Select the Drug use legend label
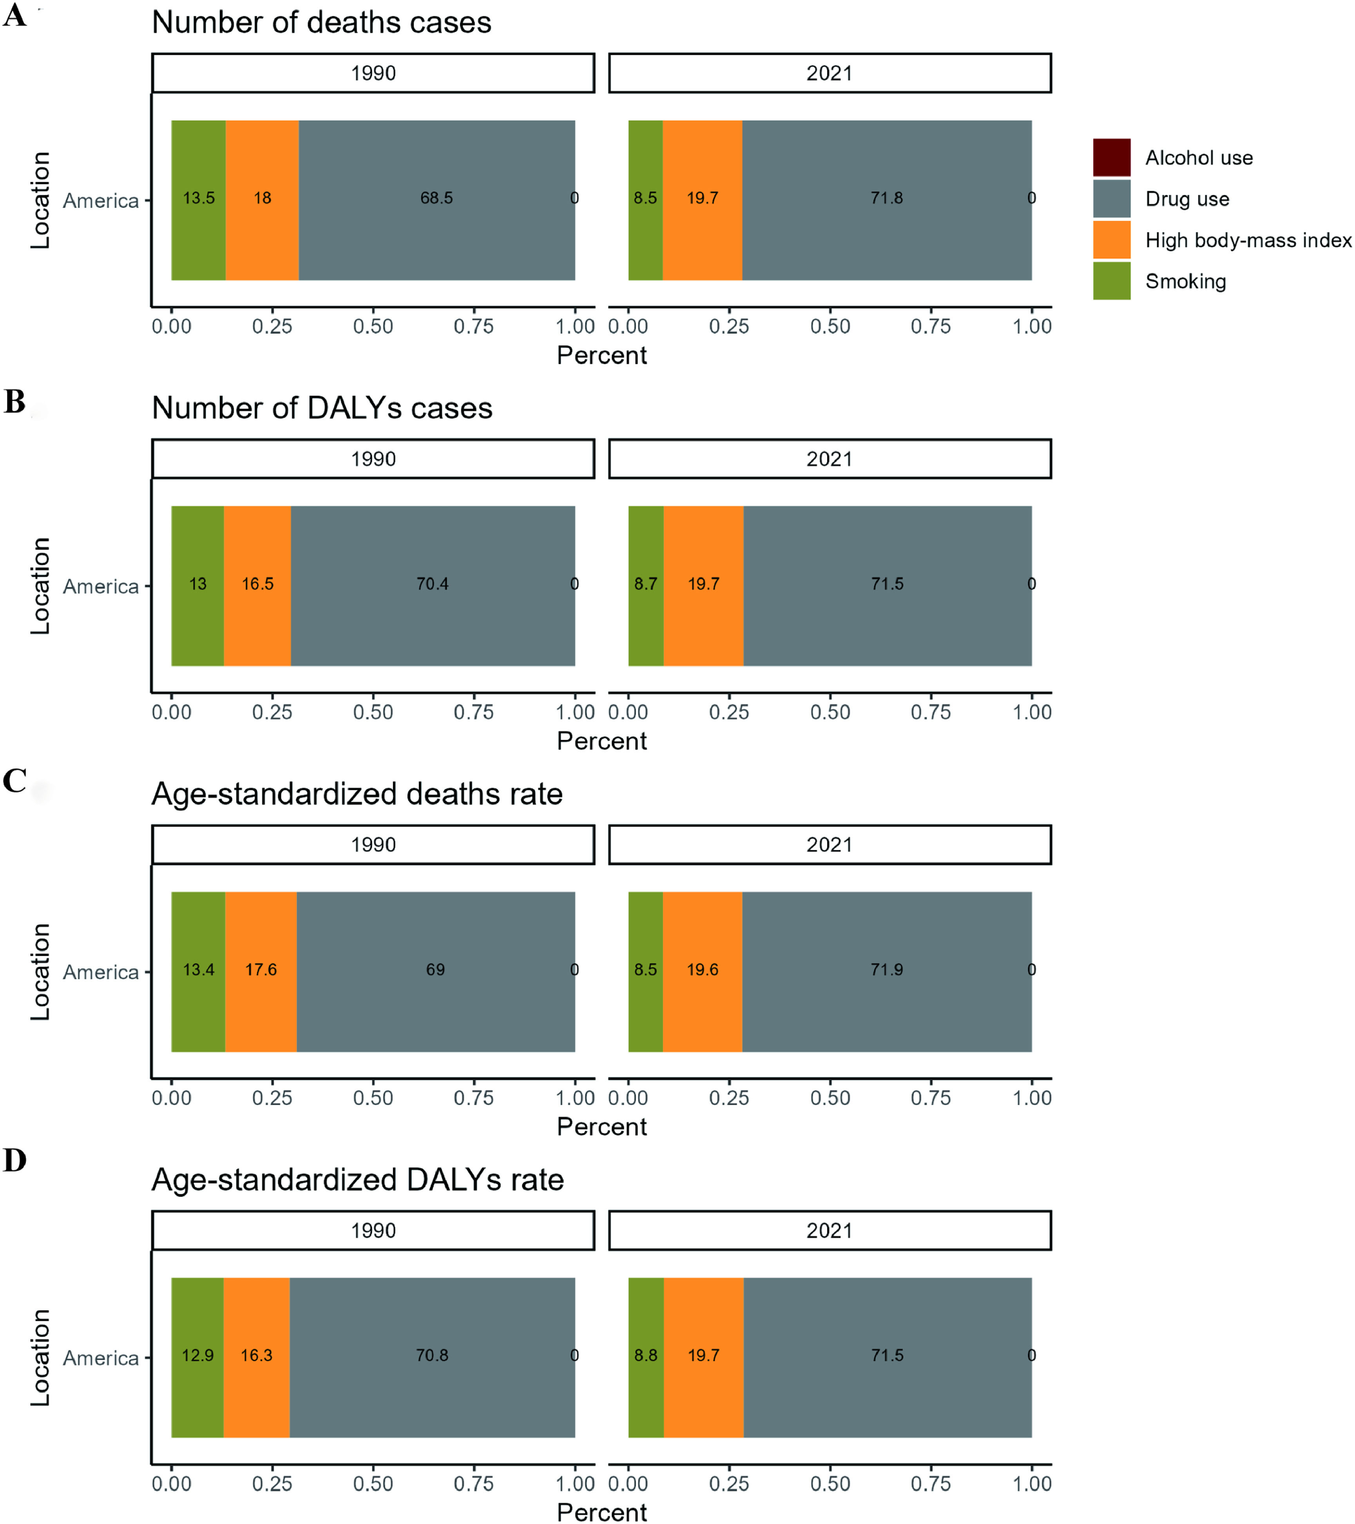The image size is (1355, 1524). point(1187,199)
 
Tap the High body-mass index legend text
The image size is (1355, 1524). point(1248,240)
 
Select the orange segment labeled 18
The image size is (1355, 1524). point(263,223)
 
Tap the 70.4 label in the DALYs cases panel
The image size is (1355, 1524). point(432,584)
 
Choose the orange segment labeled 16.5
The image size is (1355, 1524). point(257,611)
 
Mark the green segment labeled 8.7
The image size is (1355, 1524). point(645,611)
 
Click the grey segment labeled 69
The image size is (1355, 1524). point(435,999)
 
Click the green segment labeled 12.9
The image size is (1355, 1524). point(197,1387)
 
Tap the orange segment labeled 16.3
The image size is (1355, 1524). point(256,1387)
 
